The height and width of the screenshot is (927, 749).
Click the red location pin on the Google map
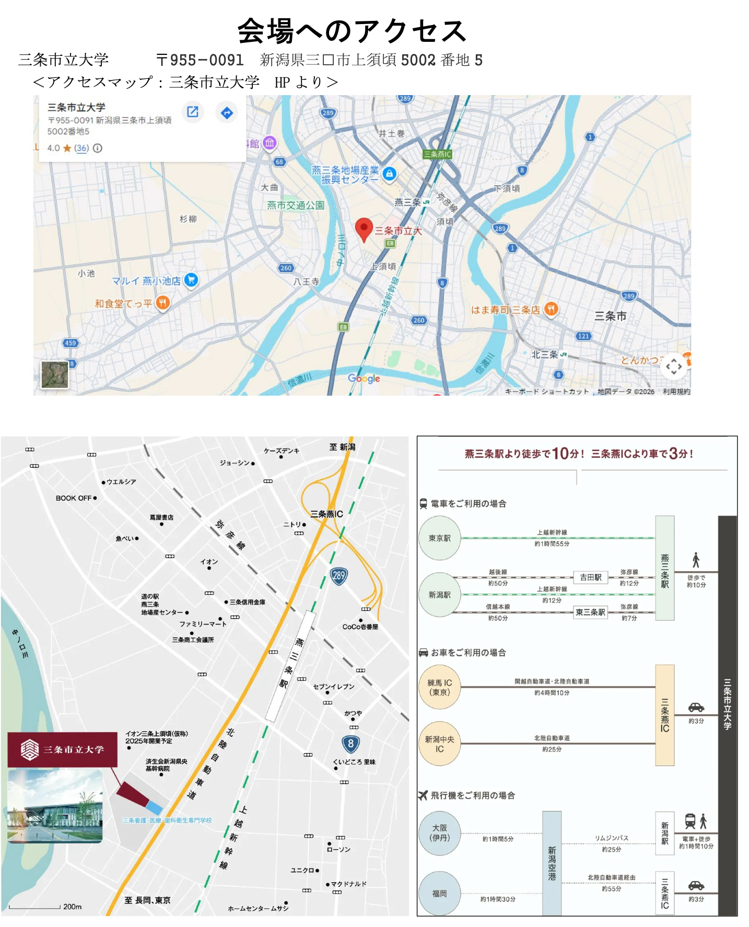(364, 228)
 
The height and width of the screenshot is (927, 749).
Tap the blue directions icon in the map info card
(227, 112)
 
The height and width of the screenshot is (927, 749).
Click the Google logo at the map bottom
(364, 378)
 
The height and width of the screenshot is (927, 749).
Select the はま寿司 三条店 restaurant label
(505, 310)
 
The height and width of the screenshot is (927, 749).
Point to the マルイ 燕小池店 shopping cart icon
(191, 280)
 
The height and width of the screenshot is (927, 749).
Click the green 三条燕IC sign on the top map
(437, 154)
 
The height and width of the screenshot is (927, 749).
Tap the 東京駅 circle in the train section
(440, 538)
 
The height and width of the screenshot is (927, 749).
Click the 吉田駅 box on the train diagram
(591, 577)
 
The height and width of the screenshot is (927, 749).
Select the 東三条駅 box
(590, 612)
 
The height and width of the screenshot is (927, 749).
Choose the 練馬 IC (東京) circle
(440, 687)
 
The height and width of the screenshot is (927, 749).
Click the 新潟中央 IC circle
(440, 744)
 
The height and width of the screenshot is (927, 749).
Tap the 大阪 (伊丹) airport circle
(440, 833)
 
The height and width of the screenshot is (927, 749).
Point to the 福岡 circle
(440, 894)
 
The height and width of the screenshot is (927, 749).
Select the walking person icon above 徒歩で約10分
(696, 560)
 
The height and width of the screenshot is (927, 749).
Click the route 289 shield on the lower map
(339, 576)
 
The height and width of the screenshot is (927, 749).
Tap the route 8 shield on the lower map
(350, 744)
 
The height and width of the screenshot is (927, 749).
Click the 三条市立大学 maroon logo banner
(62, 750)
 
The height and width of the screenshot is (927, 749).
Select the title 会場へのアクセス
(352, 31)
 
